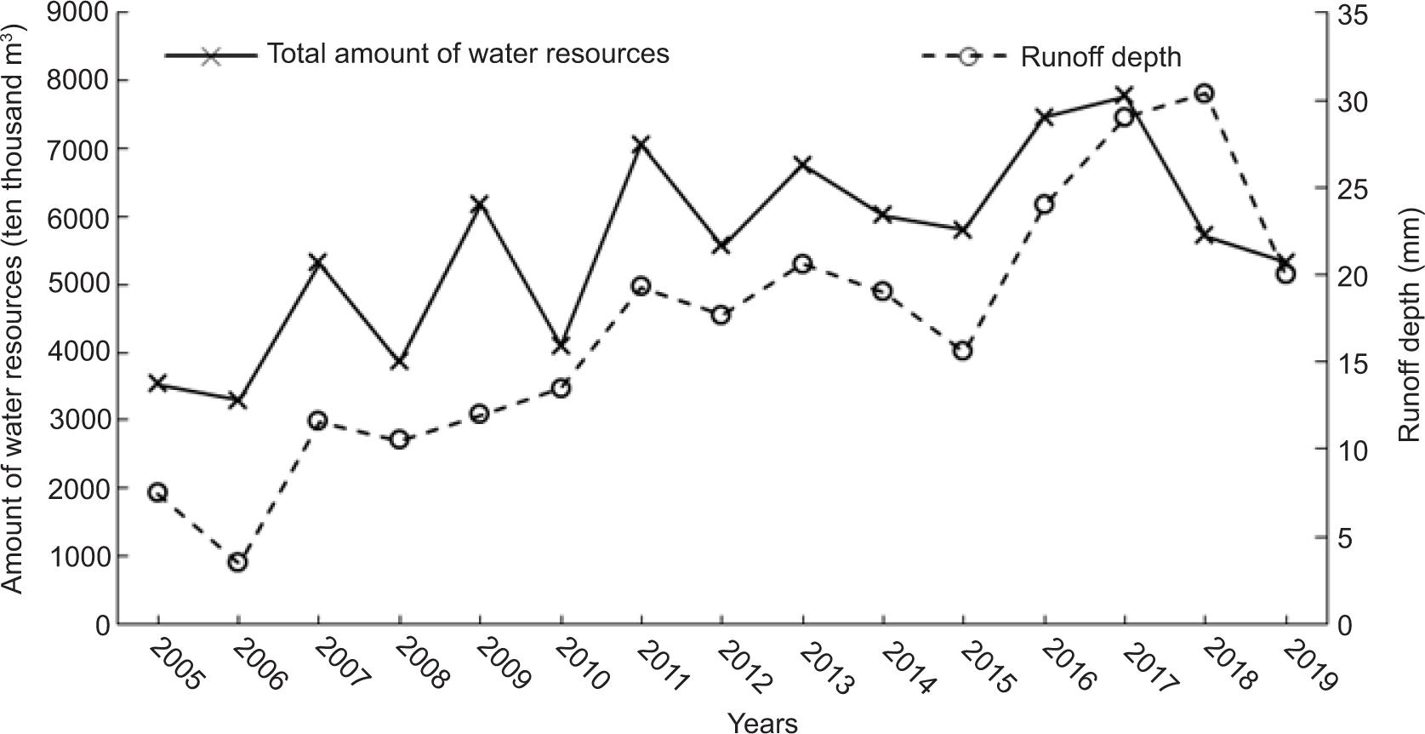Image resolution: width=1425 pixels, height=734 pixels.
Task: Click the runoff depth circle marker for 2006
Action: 238,562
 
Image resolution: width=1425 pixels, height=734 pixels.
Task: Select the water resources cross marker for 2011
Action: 641,143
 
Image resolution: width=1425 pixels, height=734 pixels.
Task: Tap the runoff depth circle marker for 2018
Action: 1205,94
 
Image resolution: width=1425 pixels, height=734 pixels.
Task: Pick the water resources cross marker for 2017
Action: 1124,95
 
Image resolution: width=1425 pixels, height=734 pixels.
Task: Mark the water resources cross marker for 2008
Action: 400,361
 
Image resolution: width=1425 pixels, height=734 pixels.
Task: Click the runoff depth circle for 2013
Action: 802,264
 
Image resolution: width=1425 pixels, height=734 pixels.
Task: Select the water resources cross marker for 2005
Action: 157,383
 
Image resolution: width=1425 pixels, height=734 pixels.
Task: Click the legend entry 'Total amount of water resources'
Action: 469,54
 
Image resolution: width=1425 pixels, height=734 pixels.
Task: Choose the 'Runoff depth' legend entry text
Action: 1101,57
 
